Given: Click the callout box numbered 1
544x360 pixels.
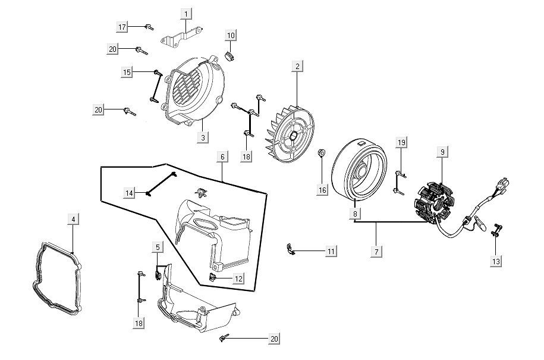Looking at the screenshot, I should pos(186,13).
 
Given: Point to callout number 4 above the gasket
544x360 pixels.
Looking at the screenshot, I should pos(73,220).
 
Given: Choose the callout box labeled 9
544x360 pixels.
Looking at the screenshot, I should pos(443,152).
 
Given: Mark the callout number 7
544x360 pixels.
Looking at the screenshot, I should pos(376,252).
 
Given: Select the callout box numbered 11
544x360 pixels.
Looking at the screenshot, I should pos(331,252).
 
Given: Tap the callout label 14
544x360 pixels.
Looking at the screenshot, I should pos(130,192).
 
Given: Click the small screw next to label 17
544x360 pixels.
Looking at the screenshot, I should pos(149,27).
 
